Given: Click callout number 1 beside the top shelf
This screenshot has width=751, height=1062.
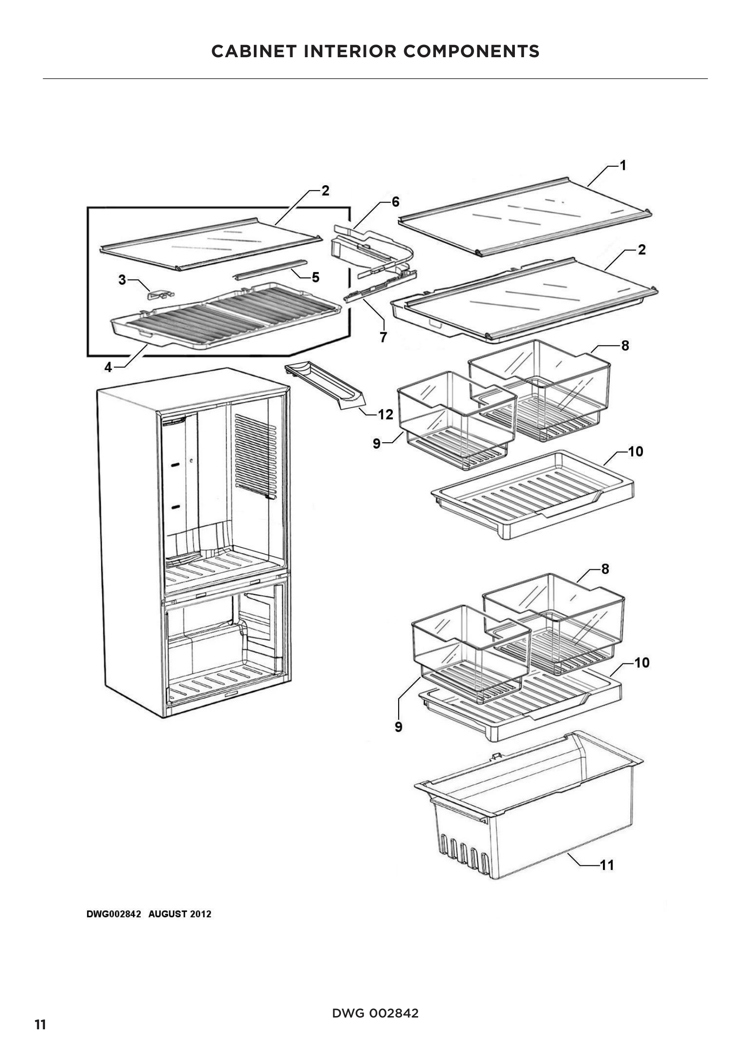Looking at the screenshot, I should tap(623, 166).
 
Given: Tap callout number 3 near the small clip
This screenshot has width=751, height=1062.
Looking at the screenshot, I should tap(122, 280).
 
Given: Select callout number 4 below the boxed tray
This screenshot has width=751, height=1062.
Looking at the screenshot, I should tap(108, 367).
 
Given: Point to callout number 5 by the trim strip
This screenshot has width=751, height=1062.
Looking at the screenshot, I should tap(316, 277).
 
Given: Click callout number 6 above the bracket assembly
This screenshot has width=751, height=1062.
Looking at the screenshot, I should tap(395, 202).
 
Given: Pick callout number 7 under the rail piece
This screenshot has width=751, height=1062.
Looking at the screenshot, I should tap(383, 338).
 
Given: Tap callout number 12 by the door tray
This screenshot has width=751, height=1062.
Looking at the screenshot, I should tap(385, 415).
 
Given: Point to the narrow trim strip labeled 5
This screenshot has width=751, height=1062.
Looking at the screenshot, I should tap(271, 269).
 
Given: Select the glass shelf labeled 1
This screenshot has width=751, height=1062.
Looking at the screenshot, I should tap(525, 215).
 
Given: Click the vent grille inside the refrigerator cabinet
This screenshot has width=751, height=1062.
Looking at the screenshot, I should tap(255, 455).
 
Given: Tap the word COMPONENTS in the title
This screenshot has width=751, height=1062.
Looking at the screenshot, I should tap(471, 51).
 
